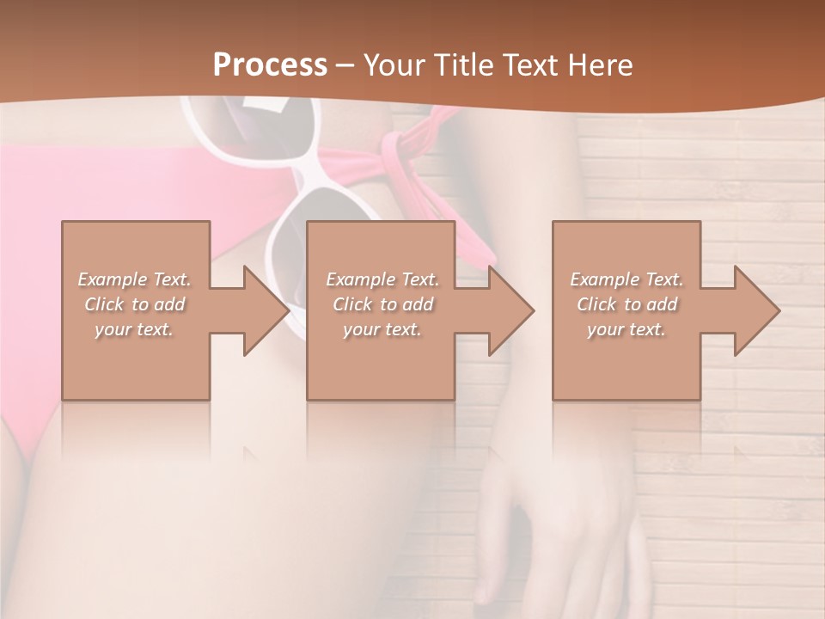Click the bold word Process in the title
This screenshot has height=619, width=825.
click(x=270, y=64)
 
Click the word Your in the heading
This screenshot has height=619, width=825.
click(x=395, y=64)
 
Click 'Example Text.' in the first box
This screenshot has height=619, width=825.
click(x=134, y=279)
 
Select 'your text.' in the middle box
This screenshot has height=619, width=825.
click(x=382, y=329)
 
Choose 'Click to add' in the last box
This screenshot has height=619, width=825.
click(x=626, y=304)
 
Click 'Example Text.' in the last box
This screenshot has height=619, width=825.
click(x=626, y=279)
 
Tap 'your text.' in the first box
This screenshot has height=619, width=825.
click(x=134, y=329)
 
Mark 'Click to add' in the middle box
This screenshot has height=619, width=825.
click(x=382, y=304)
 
